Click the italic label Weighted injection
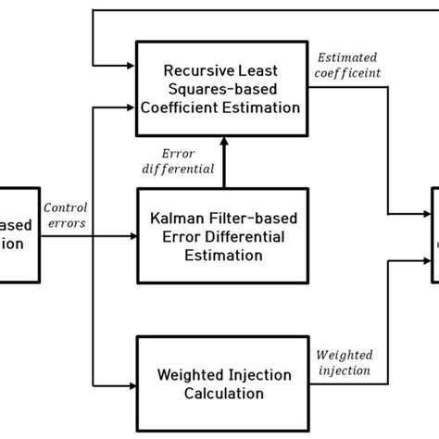[x=344, y=362]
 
